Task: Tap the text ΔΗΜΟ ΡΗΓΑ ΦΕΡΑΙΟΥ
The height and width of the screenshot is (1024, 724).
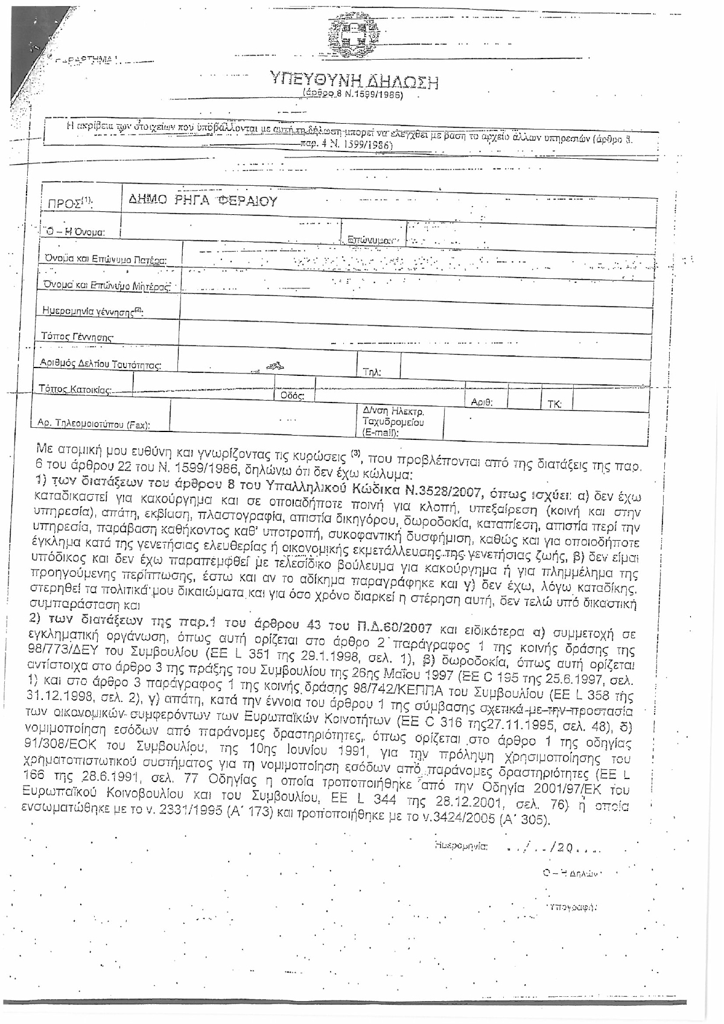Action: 204,201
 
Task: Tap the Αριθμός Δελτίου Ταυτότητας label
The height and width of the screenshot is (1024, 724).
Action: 100,364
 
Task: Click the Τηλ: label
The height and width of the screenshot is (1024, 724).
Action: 372,372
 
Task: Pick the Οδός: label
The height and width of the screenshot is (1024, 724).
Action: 289,396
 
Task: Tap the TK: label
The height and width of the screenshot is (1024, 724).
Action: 554,404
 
